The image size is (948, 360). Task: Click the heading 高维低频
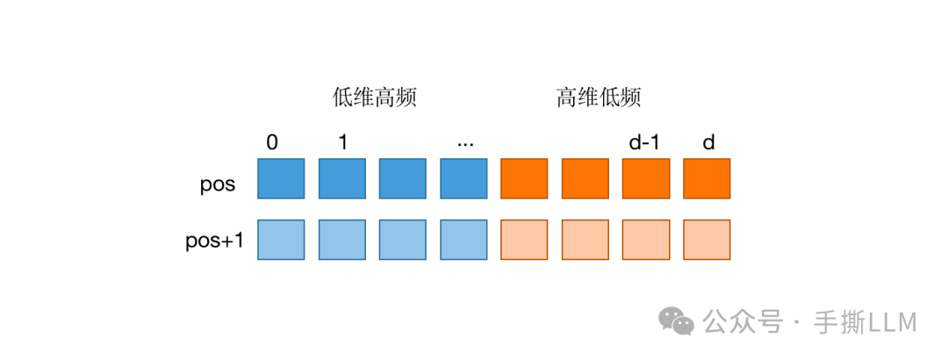point(599,97)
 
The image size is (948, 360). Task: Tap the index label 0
point(272,142)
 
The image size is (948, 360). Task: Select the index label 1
point(342,142)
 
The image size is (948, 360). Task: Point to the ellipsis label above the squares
point(465,142)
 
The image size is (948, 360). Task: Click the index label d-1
point(644,142)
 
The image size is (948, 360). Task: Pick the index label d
point(707,142)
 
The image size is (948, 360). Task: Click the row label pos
point(218,185)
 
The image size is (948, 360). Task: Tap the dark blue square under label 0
point(281,178)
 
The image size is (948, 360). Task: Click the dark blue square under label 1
point(341,178)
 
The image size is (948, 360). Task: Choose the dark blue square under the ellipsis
point(463,178)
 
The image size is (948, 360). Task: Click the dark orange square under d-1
point(646,178)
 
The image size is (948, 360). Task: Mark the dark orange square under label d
point(707,178)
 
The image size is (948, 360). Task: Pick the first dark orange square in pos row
point(524,178)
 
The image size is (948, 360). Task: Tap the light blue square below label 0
point(281,240)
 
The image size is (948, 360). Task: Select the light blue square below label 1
point(341,240)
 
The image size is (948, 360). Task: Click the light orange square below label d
point(707,240)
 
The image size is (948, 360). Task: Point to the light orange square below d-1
point(646,240)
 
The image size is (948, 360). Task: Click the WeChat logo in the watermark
point(677,322)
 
